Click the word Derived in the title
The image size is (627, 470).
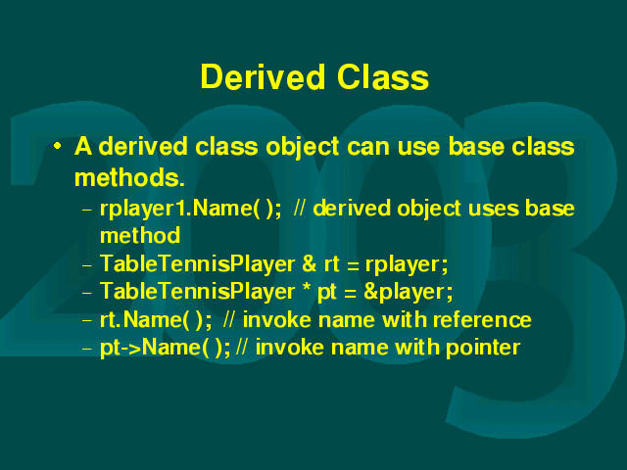pos(263,76)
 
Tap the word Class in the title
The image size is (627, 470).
pos(383,76)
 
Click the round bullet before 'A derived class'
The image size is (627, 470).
pos(58,146)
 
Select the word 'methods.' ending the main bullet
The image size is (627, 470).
pos(129,177)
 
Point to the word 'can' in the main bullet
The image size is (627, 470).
pos(368,147)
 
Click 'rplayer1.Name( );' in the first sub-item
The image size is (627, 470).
pos(191,209)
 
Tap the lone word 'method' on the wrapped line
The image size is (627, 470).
pos(140,235)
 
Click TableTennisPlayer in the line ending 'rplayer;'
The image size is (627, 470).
pos(198,264)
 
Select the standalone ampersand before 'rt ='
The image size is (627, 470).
pos(310,263)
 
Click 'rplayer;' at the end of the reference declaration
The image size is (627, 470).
pos(407,265)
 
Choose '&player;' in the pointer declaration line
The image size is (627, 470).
pos(409,292)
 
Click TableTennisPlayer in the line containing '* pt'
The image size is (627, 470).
pos(198,292)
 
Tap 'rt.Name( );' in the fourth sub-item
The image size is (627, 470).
pos(156,320)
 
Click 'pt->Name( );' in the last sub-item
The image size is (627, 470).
pos(166,348)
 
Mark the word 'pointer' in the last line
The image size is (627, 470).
pos(483,348)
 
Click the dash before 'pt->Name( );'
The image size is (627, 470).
pos(87,349)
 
